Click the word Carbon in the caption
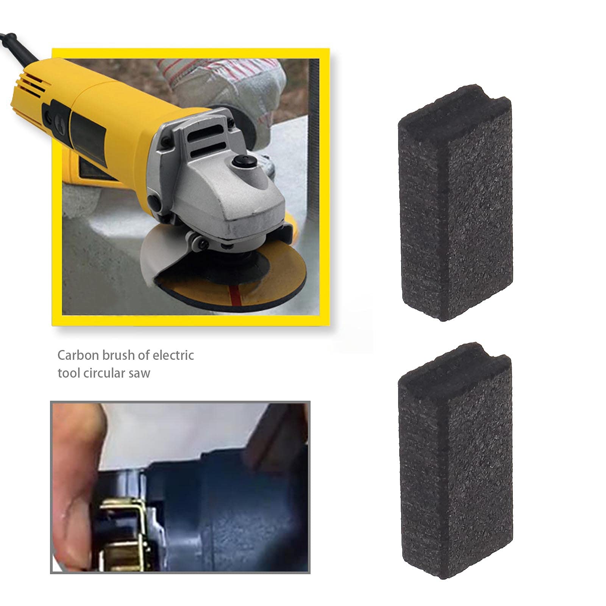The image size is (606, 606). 78,355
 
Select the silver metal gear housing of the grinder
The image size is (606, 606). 220,189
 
